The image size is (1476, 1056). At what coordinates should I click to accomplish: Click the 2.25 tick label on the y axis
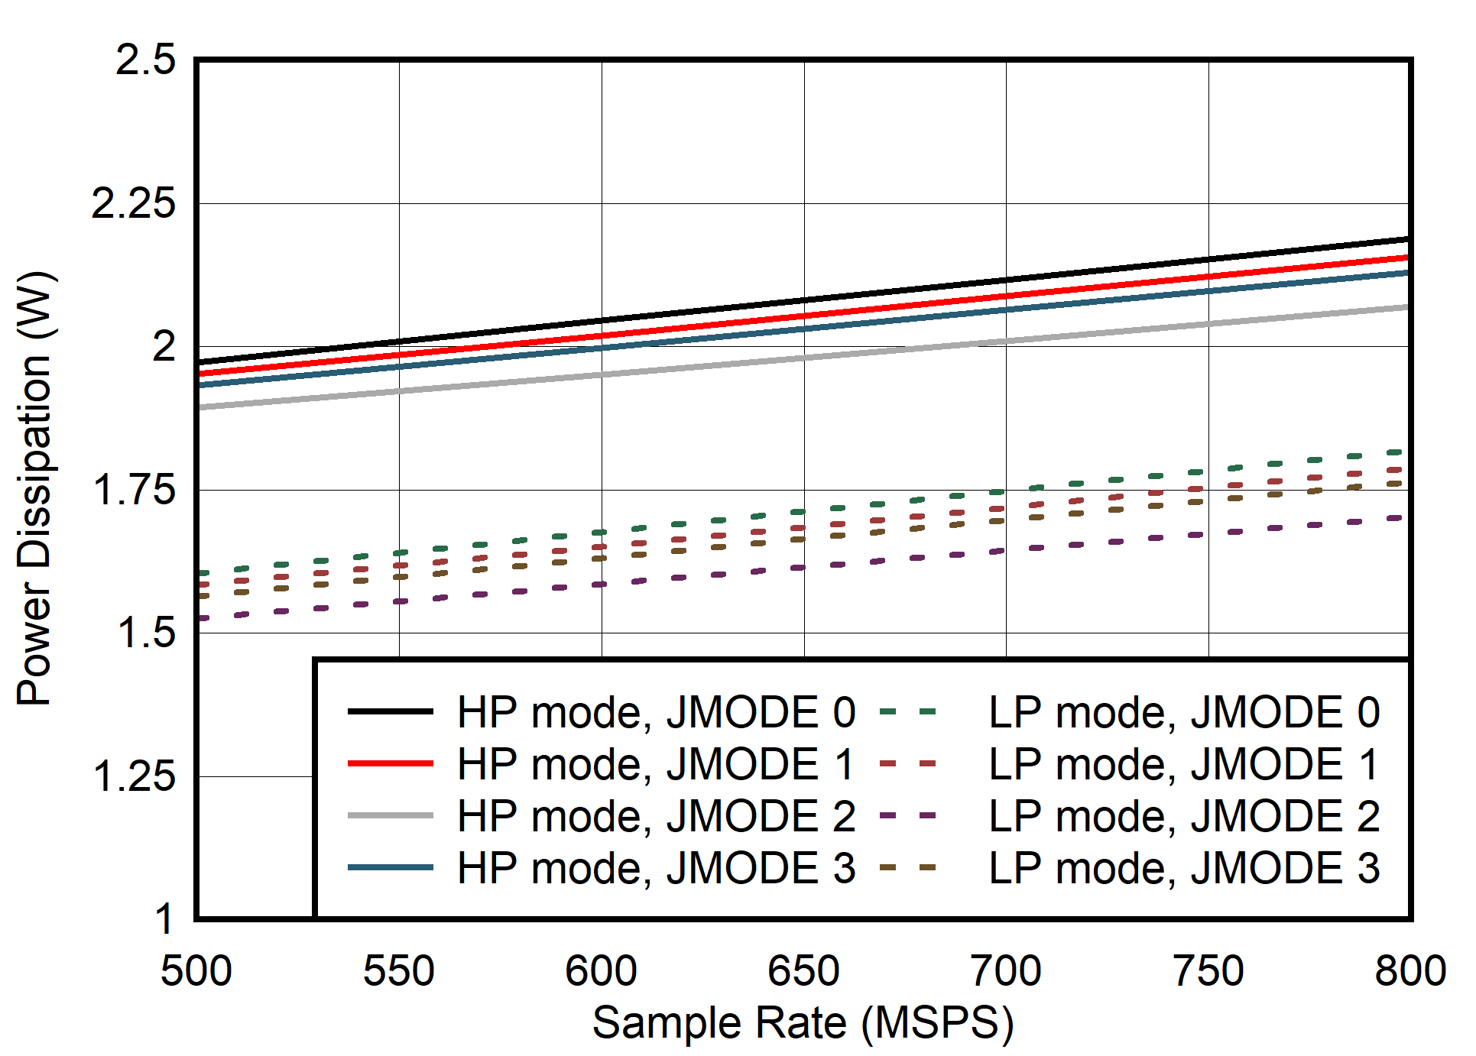pos(133,203)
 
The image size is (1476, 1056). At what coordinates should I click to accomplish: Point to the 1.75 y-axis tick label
pos(133,490)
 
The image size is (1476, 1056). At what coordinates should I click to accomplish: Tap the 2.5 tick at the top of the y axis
pos(145,60)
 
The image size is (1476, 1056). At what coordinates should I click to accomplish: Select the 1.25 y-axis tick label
pos(133,776)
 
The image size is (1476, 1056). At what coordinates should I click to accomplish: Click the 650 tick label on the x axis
pos(803,971)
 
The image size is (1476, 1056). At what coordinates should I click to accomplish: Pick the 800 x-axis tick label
pos(1409,971)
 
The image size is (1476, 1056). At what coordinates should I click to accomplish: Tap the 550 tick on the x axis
pos(398,971)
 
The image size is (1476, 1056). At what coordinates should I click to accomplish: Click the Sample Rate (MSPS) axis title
pos(803,1022)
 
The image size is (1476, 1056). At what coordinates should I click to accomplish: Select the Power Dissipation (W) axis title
pos(34,489)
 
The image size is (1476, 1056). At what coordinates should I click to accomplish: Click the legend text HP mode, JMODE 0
pos(656,712)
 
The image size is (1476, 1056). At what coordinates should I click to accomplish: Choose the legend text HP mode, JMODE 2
pos(656,816)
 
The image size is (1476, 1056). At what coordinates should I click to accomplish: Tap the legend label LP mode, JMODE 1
pos(1183,764)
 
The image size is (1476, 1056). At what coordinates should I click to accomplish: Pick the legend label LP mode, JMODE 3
pos(1183,868)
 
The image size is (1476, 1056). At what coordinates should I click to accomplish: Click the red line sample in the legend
pos(390,763)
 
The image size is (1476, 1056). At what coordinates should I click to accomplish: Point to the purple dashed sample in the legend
pos(908,816)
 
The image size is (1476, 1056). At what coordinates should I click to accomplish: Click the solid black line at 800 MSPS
pos(1405,240)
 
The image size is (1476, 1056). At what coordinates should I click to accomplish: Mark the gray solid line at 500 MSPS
pos(200,407)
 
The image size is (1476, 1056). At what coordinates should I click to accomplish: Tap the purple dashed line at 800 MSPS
pos(1399,518)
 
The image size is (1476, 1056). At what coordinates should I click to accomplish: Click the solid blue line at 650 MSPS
pos(803,329)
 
